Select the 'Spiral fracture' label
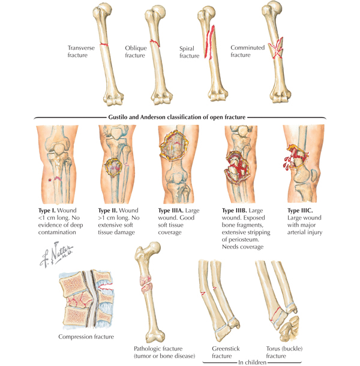[189, 52]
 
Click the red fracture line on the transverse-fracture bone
[104, 45]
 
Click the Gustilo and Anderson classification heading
[180, 116]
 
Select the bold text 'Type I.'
[47, 211]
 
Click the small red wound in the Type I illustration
[56, 179]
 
